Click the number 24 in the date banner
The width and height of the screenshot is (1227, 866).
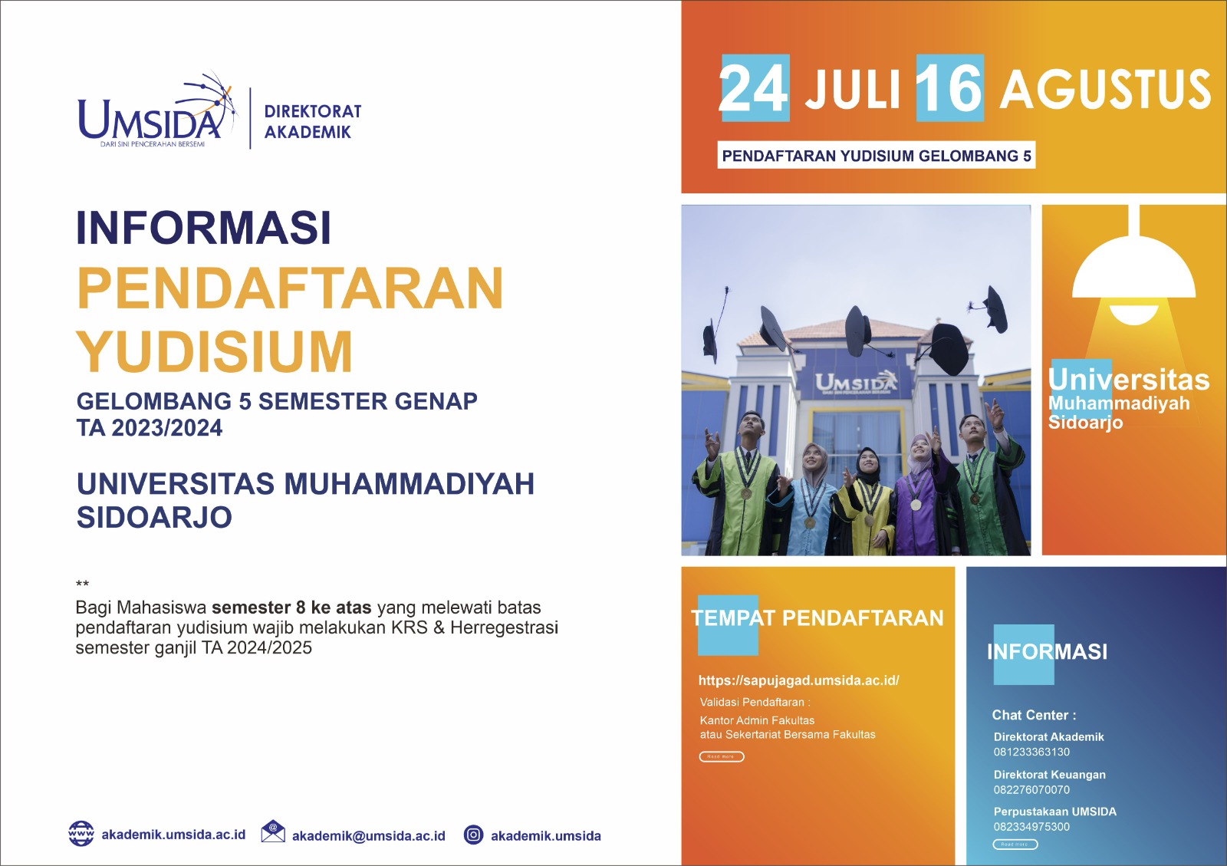tap(754, 89)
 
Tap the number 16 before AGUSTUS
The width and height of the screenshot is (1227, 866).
tap(949, 89)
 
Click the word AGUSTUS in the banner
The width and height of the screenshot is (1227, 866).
tap(1105, 90)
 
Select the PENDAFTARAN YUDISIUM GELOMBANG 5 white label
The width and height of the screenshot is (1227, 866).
tap(877, 156)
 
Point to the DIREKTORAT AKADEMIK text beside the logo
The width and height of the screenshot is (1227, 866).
tap(312, 121)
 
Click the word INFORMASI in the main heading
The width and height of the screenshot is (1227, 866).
tap(203, 228)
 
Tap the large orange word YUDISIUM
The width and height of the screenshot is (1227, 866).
tap(215, 352)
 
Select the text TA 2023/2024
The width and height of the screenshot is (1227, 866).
tap(150, 428)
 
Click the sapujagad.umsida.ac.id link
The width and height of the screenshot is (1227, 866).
tap(798, 680)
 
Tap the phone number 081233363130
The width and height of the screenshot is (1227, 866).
tap(1031, 752)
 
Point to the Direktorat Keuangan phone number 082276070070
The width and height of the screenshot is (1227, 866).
tap(1031, 789)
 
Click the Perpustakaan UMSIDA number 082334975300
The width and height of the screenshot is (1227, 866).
tap(1031, 827)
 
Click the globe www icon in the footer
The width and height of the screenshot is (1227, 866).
tap(81, 833)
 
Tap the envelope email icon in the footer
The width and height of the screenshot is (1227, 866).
tap(272, 832)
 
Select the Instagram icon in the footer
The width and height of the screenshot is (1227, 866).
tap(474, 835)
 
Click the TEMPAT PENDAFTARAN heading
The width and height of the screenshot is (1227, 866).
tap(817, 618)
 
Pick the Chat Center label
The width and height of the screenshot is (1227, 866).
tap(1034, 715)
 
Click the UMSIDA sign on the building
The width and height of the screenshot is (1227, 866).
tap(855, 382)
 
